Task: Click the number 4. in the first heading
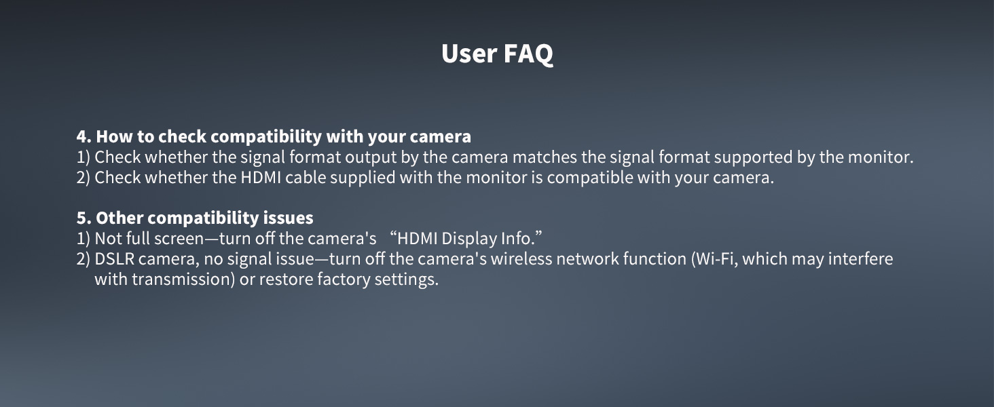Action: click(84, 136)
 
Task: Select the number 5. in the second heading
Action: click(84, 218)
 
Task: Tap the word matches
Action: click(538, 157)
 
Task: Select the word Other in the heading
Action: click(119, 218)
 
